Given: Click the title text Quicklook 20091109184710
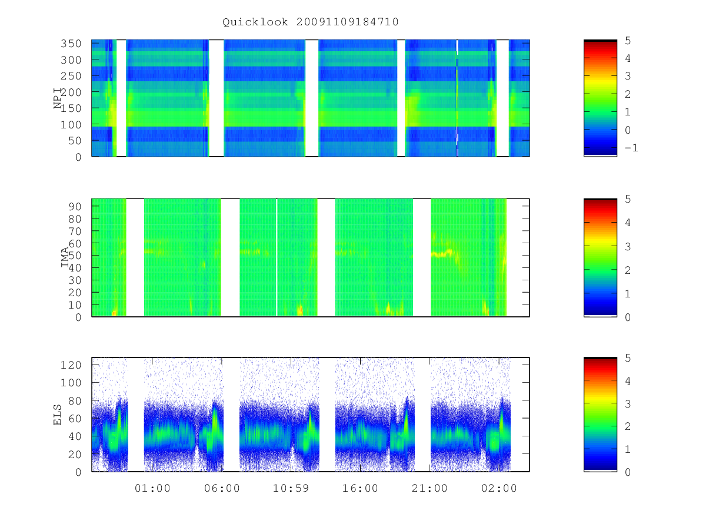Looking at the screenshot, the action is pos(311,22).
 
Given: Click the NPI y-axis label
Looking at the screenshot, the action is pos(58,98).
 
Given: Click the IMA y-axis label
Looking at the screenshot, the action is pos(65,257).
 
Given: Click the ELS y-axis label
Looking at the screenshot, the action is pos(58,415).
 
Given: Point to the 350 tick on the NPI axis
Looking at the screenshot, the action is pos(71,44).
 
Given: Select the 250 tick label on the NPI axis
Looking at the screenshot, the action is pos(71,76).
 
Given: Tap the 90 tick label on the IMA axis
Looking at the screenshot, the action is pos(75,207).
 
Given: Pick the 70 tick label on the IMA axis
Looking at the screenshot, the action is pos(75,231).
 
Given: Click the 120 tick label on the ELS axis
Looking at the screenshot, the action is pos(71,365).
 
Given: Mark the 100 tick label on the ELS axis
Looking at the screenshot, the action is pos(71,383).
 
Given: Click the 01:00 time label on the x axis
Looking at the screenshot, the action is pos(152,488).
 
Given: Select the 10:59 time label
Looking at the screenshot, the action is pos(291,488).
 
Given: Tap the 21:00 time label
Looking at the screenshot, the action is pos(429,488).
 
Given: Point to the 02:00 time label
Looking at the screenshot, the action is pos(499,488).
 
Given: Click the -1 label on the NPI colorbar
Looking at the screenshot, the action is pos(631,148).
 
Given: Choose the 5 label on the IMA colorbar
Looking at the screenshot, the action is pos(628,199).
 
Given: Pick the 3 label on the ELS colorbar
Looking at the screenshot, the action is pos(628,403).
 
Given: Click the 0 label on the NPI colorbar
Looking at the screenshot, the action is pos(628,130).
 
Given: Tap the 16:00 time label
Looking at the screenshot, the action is pos(360,488).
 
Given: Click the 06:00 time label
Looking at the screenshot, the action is pos(222,488).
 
